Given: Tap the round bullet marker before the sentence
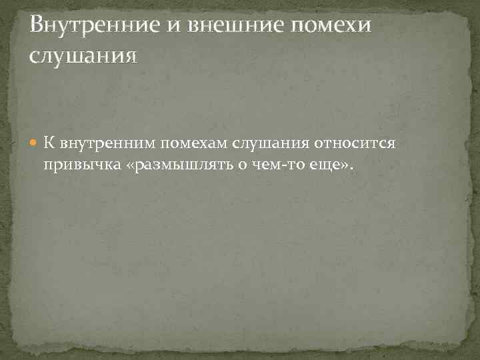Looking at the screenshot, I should click(35, 144).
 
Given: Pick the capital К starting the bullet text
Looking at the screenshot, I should click(49, 144).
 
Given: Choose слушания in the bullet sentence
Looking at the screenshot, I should click(261, 144).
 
